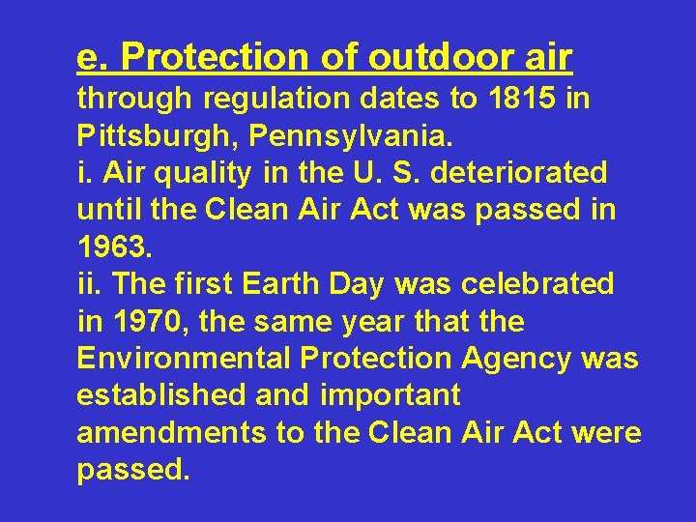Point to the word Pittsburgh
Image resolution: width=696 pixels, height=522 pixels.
pos(159,136)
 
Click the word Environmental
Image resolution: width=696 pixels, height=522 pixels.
pos(184,358)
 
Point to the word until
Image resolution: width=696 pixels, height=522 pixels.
pos(103,210)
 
